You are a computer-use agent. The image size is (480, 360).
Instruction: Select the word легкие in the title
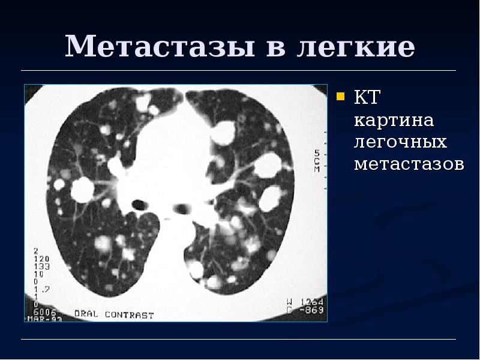(355, 47)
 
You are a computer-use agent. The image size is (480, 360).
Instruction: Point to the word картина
(394, 121)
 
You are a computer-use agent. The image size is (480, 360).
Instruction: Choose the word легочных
(400, 142)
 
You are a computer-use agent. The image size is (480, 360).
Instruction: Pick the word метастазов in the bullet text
(409, 164)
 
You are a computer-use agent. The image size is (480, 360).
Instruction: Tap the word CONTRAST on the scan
(129, 314)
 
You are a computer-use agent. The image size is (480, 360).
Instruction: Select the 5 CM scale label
(317, 160)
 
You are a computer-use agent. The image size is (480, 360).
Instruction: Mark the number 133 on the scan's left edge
(41, 266)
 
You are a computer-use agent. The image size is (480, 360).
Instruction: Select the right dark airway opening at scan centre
(182, 209)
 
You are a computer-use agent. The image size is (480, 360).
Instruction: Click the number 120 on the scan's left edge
(41, 258)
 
